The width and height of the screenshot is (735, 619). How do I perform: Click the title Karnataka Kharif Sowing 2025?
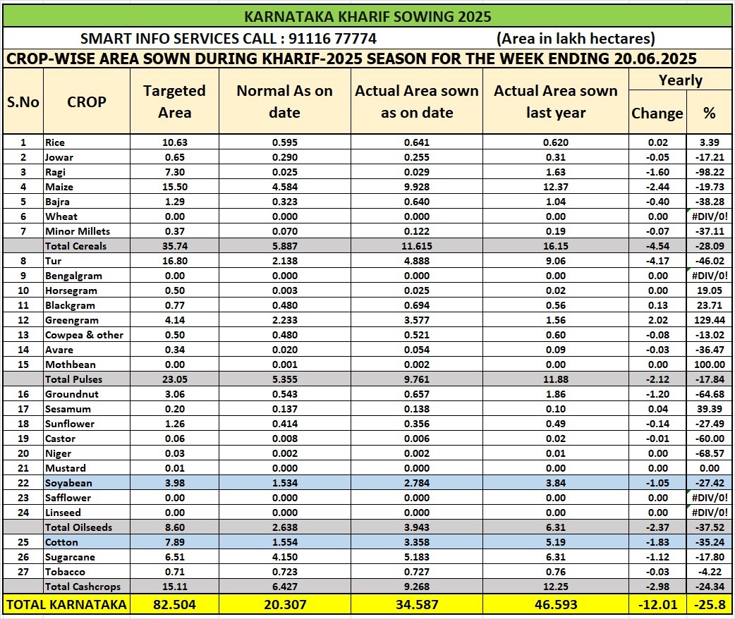367,16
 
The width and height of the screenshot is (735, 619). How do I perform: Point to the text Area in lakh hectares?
575,38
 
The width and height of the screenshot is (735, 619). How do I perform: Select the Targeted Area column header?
174,102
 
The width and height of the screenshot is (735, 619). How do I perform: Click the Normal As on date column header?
284,102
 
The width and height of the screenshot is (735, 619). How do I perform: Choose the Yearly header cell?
680,80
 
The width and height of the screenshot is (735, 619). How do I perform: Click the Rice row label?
55,142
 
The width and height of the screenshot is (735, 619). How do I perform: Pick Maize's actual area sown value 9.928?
417,187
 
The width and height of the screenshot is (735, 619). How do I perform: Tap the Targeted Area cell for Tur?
174,261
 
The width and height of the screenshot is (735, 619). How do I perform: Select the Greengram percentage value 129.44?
709,320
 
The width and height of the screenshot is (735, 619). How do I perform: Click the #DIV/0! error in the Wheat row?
710,216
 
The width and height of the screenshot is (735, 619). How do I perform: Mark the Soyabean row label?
68,483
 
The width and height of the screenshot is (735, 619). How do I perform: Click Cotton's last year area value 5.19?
556,542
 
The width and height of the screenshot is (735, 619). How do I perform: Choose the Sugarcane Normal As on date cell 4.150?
284,557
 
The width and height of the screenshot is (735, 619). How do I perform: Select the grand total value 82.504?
174,604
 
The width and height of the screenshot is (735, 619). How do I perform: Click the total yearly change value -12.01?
656,604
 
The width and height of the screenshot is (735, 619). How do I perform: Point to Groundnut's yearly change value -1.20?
656,394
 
